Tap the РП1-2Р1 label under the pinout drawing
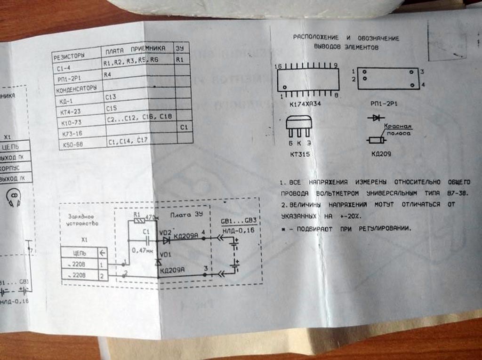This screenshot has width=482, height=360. (x=384, y=104)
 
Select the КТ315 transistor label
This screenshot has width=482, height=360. (x=299, y=153)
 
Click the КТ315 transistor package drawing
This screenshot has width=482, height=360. (x=299, y=127)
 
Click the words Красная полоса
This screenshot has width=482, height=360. (x=398, y=130)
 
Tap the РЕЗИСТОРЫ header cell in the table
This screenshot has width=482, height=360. (x=70, y=56)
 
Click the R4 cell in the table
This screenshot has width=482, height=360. (x=108, y=74)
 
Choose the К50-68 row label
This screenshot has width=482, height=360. (x=72, y=144)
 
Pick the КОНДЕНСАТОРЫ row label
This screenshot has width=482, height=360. (x=77, y=88)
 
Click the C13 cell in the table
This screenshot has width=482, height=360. (x=111, y=97)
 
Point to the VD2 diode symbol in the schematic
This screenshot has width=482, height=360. (x=166, y=240)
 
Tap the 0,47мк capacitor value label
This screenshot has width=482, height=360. (x=142, y=250)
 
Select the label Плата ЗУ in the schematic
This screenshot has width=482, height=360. (x=181, y=214)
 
